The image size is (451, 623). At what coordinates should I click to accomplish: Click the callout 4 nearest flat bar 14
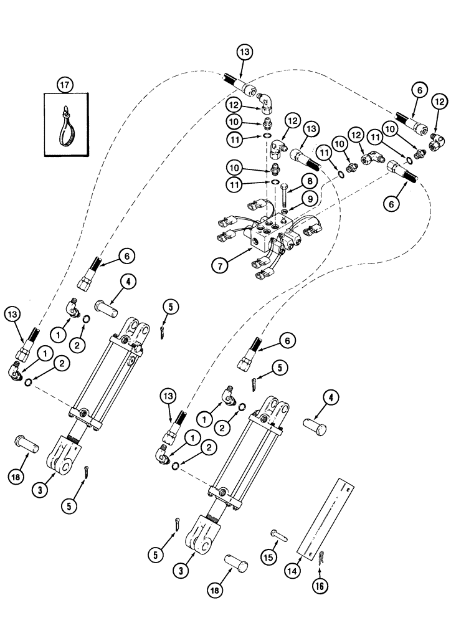tap(330, 398)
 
